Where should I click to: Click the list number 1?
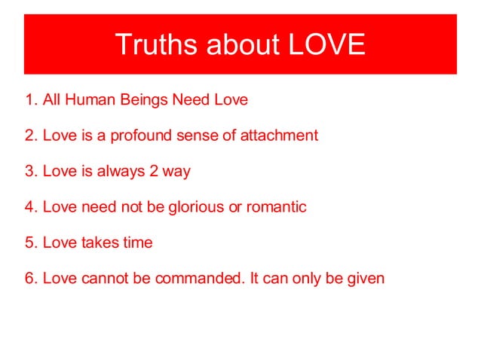coord(30,99)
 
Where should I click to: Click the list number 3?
coord(30,171)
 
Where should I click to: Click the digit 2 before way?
coord(152,171)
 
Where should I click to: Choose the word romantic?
coord(275,207)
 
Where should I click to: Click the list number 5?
coord(30,243)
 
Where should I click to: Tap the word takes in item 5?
coord(92,243)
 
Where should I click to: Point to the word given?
coord(366,279)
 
